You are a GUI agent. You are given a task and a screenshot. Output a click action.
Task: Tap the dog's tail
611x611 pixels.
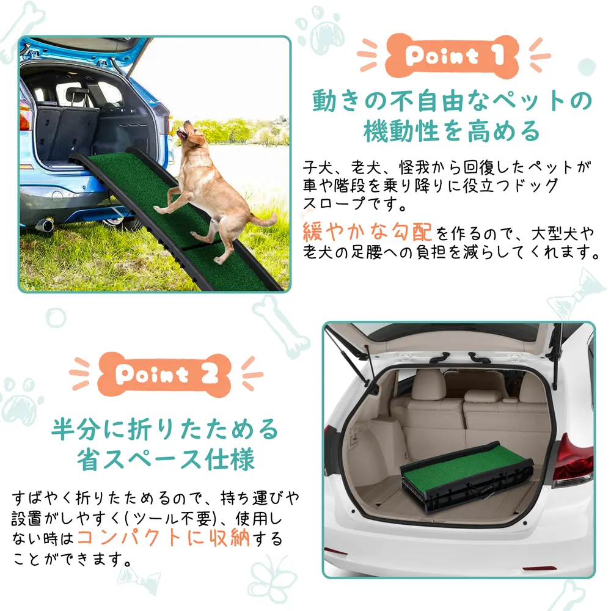(x=263, y=221)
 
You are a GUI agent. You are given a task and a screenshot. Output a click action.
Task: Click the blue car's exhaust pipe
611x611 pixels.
(x=45, y=225)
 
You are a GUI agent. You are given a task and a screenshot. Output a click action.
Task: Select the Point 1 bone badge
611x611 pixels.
(x=452, y=56)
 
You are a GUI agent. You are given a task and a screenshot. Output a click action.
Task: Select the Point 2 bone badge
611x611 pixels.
(x=164, y=375)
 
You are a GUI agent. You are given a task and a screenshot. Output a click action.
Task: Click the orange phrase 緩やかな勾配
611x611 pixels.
(x=367, y=232)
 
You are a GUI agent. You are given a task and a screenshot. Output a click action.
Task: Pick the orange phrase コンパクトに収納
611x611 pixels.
(x=164, y=538)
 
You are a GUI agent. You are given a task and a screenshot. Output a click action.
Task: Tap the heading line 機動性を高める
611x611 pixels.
(x=452, y=131)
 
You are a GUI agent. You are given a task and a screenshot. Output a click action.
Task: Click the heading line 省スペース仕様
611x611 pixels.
(x=166, y=459)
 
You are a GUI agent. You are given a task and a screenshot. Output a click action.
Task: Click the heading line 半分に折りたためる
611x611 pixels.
(x=165, y=429)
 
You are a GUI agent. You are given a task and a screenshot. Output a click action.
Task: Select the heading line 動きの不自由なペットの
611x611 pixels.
(x=452, y=101)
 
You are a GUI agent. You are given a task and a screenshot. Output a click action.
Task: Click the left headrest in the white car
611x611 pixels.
(x=429, y=384)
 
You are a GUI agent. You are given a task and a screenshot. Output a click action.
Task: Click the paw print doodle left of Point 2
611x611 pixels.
(x=21, y=401)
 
